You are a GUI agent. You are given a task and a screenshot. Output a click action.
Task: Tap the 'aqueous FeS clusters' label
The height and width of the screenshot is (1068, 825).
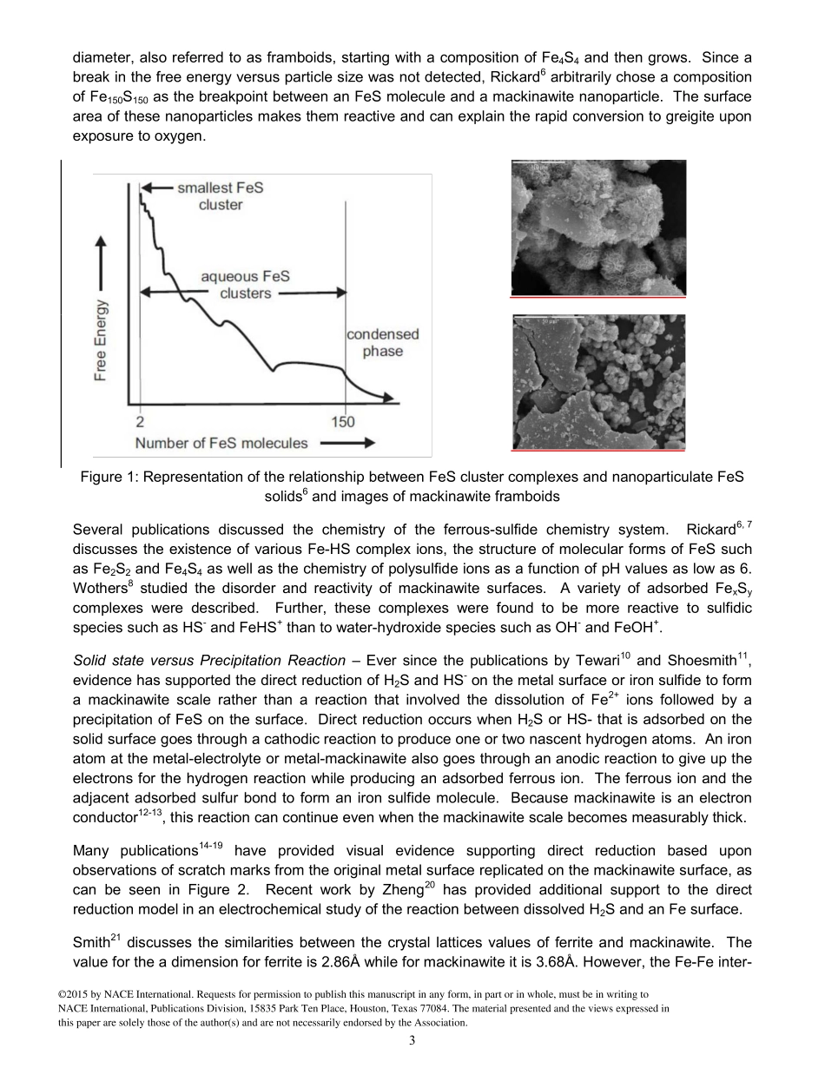[245, 285]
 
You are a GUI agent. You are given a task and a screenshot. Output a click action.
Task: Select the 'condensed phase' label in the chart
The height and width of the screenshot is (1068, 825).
[383, 343]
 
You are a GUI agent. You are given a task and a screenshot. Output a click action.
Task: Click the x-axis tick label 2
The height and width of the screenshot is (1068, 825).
[140, 422]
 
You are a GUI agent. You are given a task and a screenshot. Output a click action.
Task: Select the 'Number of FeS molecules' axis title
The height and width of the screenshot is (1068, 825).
[221, 443]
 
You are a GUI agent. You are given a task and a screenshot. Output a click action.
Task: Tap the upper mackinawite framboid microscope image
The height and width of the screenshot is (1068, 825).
[597, 227]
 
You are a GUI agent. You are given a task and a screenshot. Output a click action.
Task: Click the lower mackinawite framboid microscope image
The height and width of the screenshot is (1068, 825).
[597, 382]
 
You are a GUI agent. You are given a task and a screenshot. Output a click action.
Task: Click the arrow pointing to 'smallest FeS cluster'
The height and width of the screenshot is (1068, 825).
[156, 187]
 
